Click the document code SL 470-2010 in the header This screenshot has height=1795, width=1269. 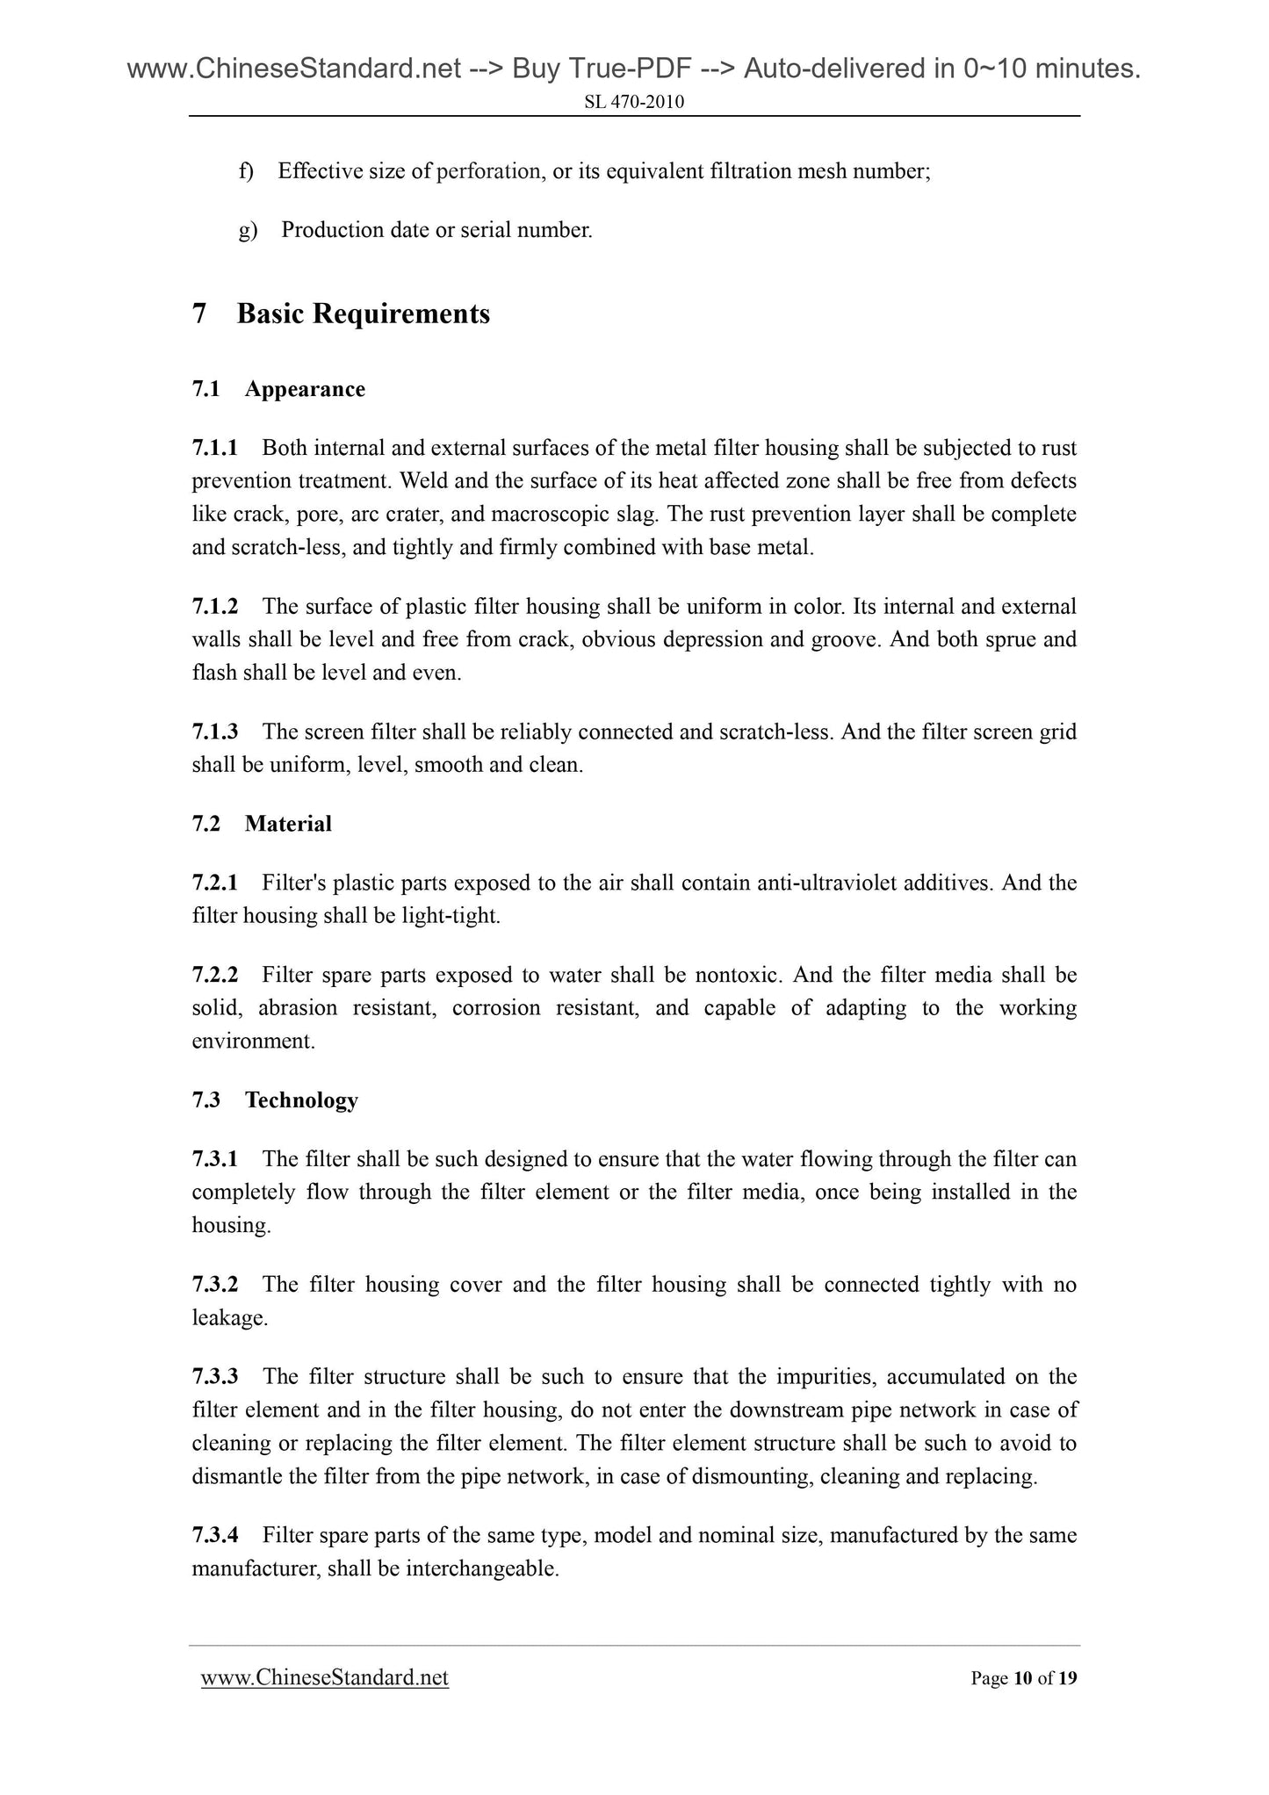(x=634, y=103)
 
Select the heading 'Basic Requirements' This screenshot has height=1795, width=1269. (x=363, y=314)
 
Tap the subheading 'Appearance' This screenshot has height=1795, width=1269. (x=305, y=389)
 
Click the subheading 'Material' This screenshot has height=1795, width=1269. (x=288, y=824)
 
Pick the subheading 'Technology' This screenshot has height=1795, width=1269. (x=301, y=1100)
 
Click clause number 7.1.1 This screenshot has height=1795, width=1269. (x=215, y=448)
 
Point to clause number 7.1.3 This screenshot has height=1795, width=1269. (x=215, y=732)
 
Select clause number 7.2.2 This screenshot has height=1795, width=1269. (x=215, y=975)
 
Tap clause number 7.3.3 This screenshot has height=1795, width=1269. (x=215, y=1377)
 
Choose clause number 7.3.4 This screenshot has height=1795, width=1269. (x=215, y=1535)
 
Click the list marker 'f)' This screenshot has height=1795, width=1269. (x=246, y=170)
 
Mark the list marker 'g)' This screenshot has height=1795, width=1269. (x=248, y=230)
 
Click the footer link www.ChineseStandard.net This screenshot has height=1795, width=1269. (x=325, y=1678)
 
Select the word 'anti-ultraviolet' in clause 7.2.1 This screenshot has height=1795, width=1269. (x=828, y=883)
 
